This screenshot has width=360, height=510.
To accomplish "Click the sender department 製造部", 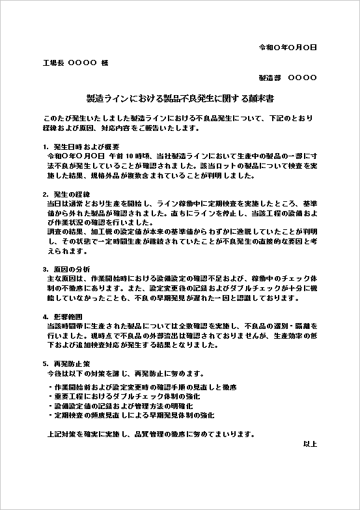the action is [270, 78].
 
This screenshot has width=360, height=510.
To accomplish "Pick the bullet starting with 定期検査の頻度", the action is [131, 414].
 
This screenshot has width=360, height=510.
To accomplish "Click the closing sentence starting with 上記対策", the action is [151, 434].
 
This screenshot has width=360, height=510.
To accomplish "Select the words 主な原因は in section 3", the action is [63, 279].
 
